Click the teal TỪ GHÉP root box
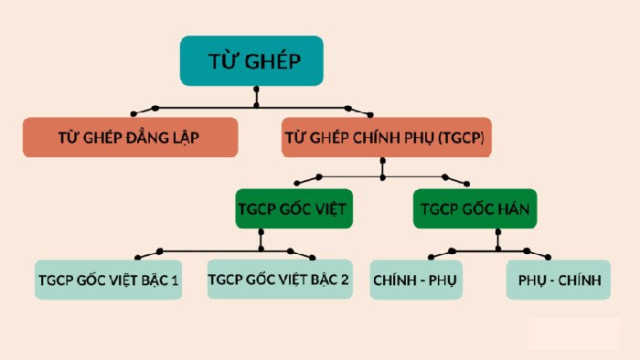251,60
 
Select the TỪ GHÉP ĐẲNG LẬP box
130,138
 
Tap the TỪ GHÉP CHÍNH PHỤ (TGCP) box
386,138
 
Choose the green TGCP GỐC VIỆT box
294,209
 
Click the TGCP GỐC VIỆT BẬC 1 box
109,280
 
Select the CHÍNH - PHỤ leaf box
416,280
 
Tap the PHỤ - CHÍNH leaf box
558,280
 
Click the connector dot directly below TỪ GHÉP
256,90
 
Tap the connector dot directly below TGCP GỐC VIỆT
261,232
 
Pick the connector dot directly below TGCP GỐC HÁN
497,232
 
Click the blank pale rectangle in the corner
573,334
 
